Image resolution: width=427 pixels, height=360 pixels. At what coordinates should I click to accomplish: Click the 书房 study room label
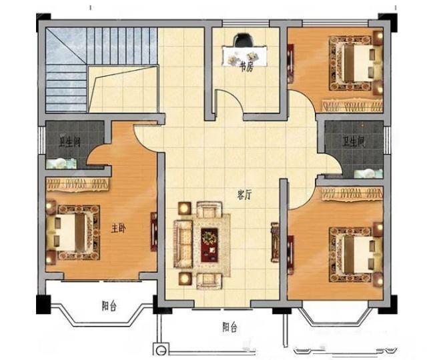246,67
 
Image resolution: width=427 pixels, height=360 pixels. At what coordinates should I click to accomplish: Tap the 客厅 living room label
244,195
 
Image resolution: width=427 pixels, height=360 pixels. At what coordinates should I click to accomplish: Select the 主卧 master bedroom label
119,229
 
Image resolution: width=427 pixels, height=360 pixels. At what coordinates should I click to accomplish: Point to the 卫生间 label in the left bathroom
69,142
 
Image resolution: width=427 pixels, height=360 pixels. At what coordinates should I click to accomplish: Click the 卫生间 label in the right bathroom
353,142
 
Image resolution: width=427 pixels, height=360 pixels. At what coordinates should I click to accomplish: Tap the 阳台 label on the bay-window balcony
109,306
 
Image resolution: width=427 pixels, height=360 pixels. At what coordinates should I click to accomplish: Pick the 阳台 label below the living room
230,327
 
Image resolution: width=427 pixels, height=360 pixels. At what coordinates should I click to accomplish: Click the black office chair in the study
243,40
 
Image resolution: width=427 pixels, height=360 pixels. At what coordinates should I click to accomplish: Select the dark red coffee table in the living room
209,245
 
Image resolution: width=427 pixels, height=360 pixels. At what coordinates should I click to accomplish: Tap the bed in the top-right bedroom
356,63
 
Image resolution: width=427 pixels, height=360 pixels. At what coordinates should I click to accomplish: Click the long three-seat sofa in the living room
183,244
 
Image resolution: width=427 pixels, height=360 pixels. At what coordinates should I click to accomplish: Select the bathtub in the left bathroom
61,163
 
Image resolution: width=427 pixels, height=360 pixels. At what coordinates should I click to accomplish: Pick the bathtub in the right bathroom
368,173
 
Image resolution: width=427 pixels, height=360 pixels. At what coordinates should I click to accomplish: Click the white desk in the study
244,56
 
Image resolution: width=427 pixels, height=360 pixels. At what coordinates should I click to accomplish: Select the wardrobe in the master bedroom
78,184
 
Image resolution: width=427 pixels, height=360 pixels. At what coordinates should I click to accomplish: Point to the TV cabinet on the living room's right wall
275,242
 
